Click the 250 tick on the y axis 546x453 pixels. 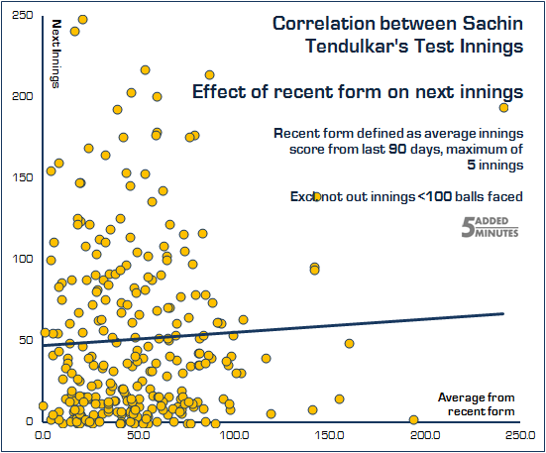(19, 15)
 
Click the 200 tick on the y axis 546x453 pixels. (19, 96)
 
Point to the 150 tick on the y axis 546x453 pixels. (19, 177)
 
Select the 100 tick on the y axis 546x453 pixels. (19, 259)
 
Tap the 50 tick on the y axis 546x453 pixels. (22, 340)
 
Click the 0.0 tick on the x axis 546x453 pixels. (43, 434)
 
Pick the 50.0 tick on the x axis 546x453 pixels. (138, 434)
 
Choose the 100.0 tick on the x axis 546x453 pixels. (234, 434)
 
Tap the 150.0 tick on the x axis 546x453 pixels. (330, 434)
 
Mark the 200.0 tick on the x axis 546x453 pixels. (426, 434)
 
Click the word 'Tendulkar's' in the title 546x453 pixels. (348, 45)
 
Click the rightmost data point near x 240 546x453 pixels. (503, 108)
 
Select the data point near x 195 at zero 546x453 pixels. (414, 420)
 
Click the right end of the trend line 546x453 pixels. (505, 313)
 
